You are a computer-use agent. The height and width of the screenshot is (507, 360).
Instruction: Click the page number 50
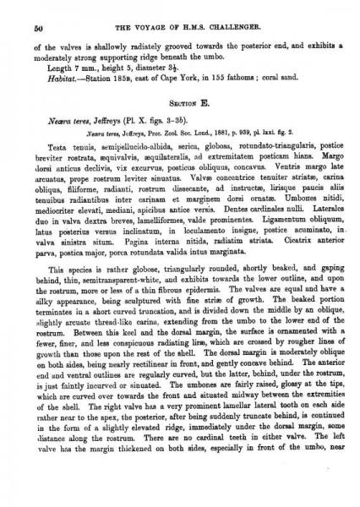(x=39, y=27)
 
